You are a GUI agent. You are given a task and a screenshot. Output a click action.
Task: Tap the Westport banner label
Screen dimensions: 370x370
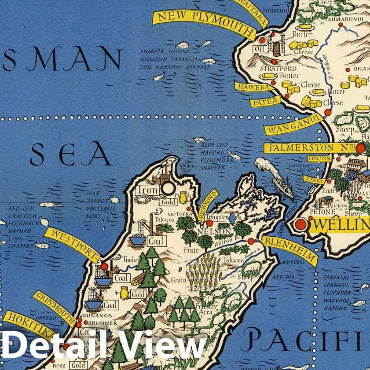point(71,245)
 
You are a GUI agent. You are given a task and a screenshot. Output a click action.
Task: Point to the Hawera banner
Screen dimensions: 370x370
point(253,88)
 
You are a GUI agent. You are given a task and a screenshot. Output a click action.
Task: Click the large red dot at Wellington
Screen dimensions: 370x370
point(301,224)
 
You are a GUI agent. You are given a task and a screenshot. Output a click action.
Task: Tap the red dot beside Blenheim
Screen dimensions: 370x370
point(251,241)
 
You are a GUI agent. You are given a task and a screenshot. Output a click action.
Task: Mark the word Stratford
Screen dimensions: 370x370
point(273,69)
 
